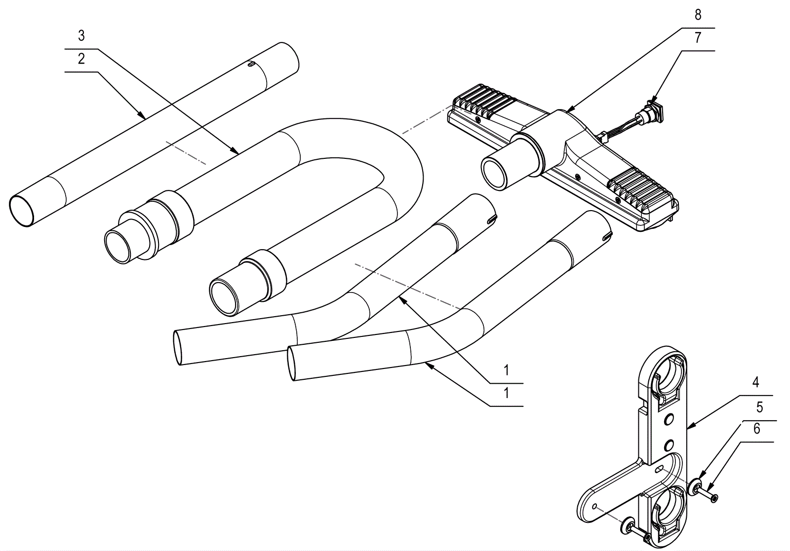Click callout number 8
[x=697, y=15]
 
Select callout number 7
[x=697, y=38]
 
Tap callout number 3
[x=81, y=36]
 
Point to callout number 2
[x=81, y=59]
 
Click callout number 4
[x=755, y=382]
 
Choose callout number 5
[x=759, y=407]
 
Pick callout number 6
[x=756, y=429]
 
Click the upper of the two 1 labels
[x=506, y=370]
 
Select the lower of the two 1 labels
[x=506, y=393]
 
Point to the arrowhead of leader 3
[x=237, y=151]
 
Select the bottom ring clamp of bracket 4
[x=667, y=513]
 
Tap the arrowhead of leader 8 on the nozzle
[x=567, y=111]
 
